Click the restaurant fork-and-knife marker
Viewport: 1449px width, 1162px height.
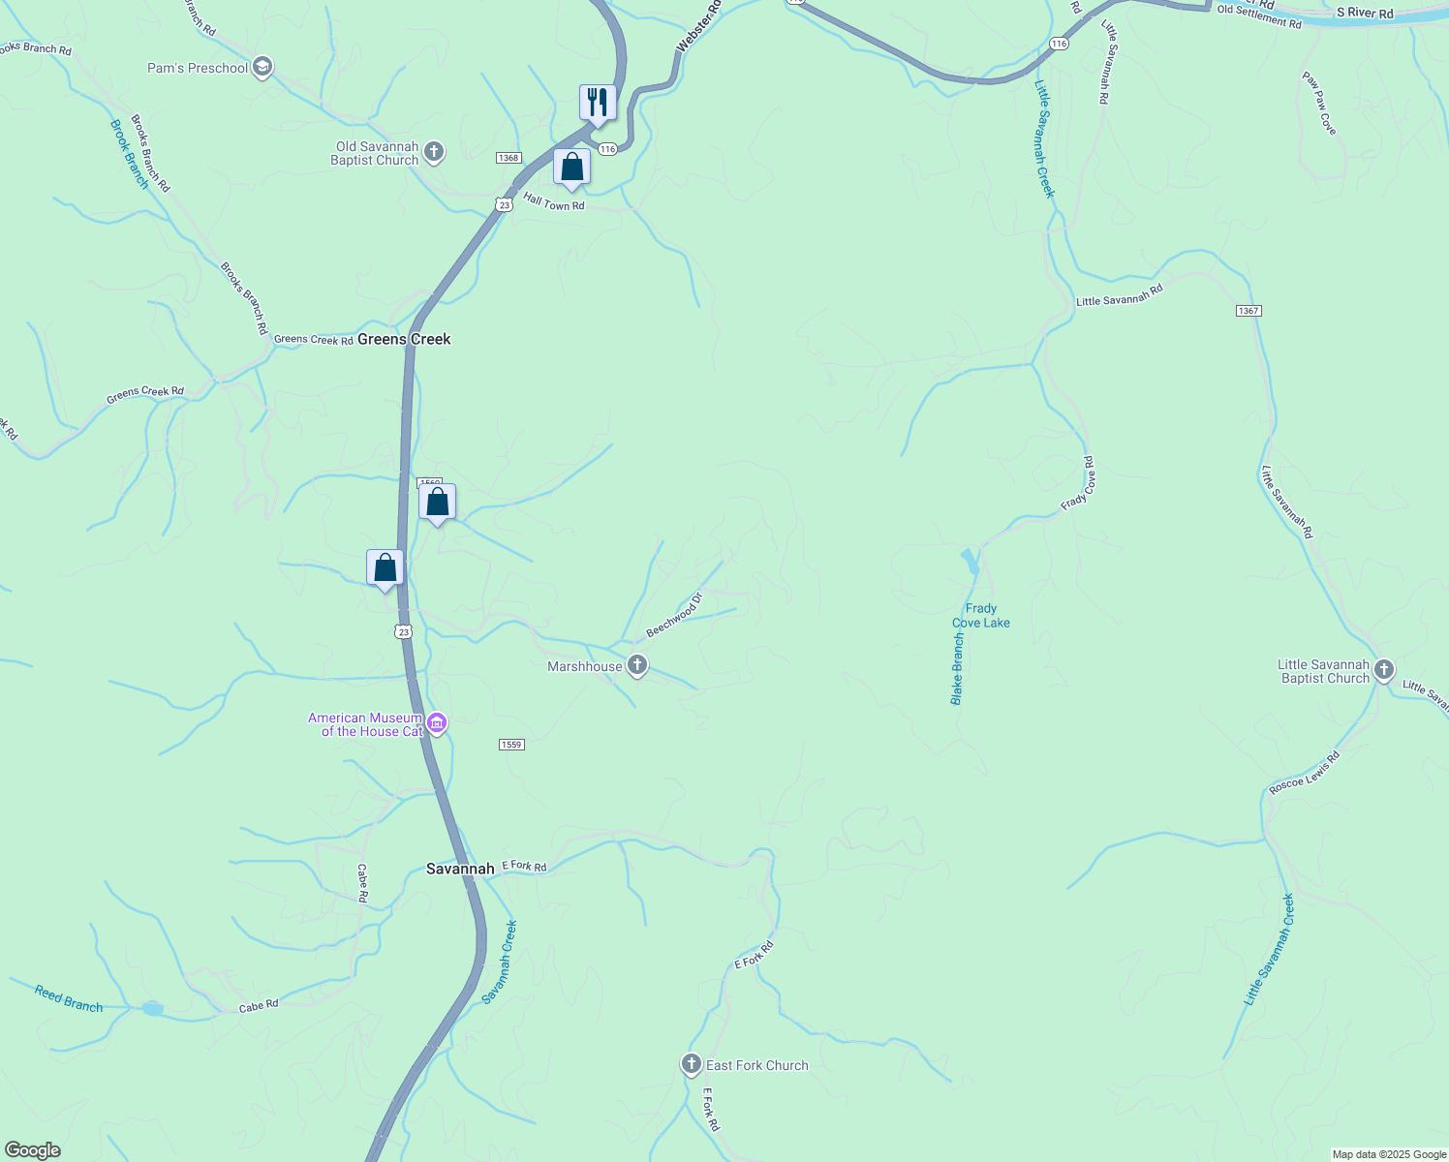(x=598, y=103)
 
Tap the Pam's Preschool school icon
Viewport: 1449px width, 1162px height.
(x=262, y=68)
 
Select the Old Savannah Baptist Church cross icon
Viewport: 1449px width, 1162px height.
(x=434, y=151)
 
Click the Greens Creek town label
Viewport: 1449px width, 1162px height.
(x=404, y=339)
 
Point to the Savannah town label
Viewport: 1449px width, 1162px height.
(x=460, y=869)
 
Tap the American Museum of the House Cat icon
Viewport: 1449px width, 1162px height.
(x=437, y=723)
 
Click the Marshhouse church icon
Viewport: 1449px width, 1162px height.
(x=636, y=665)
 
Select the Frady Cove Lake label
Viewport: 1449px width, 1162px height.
(x=981, y=616)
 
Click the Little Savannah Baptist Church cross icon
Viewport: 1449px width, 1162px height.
(x=1384, y=669)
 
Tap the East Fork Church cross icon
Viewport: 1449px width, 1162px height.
(x=691, y=1065)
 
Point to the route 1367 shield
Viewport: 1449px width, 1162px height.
(x=1249, y=311)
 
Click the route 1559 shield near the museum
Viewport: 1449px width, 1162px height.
(x=511, y=745)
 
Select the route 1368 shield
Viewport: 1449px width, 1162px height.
(x=509, y=158)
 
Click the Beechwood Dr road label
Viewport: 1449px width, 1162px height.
(x=673, y=616)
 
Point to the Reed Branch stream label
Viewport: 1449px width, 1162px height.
(x=69, y=998)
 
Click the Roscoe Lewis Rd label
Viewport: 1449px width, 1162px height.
(x=1304, y=773)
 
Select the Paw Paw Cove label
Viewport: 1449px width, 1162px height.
(x=1318, y=104)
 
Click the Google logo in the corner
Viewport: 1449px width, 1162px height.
(x=32, y=1150)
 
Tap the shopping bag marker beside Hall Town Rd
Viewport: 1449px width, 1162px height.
(x=571, y=168)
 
